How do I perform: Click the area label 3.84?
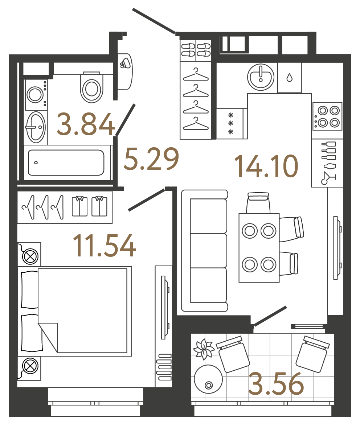pyautogui.click(x=86, y=124)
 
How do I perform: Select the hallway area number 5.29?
pyautogui.click(x=151, y=159)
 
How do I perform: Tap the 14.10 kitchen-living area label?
pyautogui.click(x=266, y=166)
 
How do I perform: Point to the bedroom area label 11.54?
pyautogui.click(x=105, y=246)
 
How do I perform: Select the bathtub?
pyautogui.click(x=66, y=162)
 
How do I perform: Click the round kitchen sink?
pyautogui.click(x=261, y=77)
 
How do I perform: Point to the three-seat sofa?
pyautogui.click(x=205, y=250)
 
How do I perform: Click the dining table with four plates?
pyautogui.click(x=259, y=248)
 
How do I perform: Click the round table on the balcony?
pyautogui.click(x=208, y=379)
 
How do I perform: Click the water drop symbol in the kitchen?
pyautogui.click(x=289, y=78)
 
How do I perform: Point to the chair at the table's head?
pyautogui.click(x=258, y=203)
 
